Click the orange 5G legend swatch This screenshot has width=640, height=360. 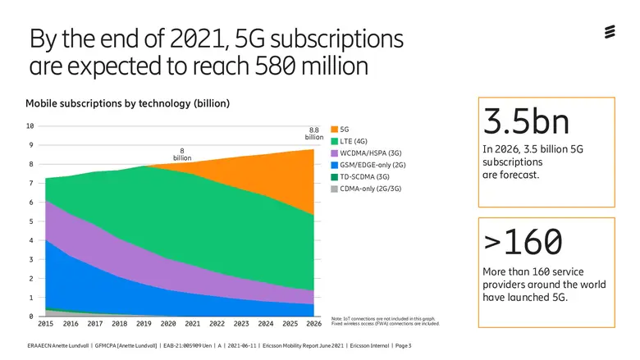click(x=334, y=130)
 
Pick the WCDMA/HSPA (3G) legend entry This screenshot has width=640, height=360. click(x=370, y=153)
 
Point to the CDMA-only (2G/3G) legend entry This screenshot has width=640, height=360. click(x=368, y=188)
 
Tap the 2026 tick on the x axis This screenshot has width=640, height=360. click(x=313, y=324)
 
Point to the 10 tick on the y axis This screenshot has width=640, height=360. click(x=30, y=126)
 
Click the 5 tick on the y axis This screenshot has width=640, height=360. click(x=31, y=221)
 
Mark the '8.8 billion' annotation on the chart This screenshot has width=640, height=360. click(x=314, y=134)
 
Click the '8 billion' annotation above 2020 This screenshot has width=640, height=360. click(x=181, y=154)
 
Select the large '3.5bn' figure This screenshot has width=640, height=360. click(x=526, y=121)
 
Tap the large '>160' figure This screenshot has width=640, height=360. click(x=523, y=242)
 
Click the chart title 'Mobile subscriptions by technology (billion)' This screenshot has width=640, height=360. click(x=127, y=103)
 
